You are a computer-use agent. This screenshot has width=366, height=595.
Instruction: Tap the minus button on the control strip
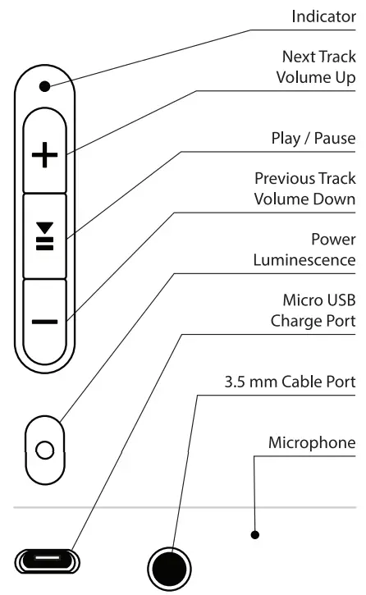point(45,320)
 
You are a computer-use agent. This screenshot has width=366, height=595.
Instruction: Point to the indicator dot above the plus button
point(45,85)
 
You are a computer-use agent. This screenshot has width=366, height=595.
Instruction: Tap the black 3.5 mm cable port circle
point(168,567)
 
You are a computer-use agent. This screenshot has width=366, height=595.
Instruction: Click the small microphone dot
point(255,535)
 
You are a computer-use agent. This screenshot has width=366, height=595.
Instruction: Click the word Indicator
point(324,16)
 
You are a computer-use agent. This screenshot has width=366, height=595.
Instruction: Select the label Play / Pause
point(313,139)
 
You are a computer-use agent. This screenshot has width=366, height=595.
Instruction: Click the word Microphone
point(312,443)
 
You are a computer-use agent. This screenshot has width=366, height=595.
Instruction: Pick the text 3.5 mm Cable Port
point(290,382)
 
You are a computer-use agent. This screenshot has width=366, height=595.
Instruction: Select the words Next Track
point(318,57)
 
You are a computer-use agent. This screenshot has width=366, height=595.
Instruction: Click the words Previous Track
point(304,179)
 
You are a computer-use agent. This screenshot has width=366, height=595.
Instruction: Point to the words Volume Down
point(304,199)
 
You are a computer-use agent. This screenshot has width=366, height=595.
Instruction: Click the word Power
point(333,240)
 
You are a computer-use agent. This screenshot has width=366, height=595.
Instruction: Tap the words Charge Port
point(313,322)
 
